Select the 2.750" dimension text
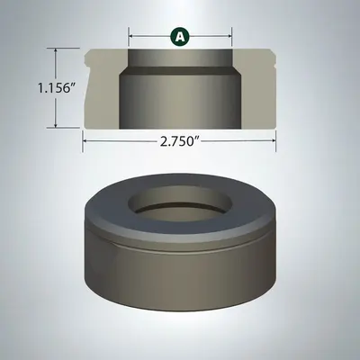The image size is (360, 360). [x=180, y=141]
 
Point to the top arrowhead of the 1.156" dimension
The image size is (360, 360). [x=57, y=53]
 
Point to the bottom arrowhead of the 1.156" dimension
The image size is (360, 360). [x=57, y=126]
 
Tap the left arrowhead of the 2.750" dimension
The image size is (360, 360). [x=86, y=141]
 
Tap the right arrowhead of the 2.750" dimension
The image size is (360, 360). [x=275, y=141]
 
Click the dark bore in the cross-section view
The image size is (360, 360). [x=181, y=94]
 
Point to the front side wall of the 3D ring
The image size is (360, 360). [x=180, y=288]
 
